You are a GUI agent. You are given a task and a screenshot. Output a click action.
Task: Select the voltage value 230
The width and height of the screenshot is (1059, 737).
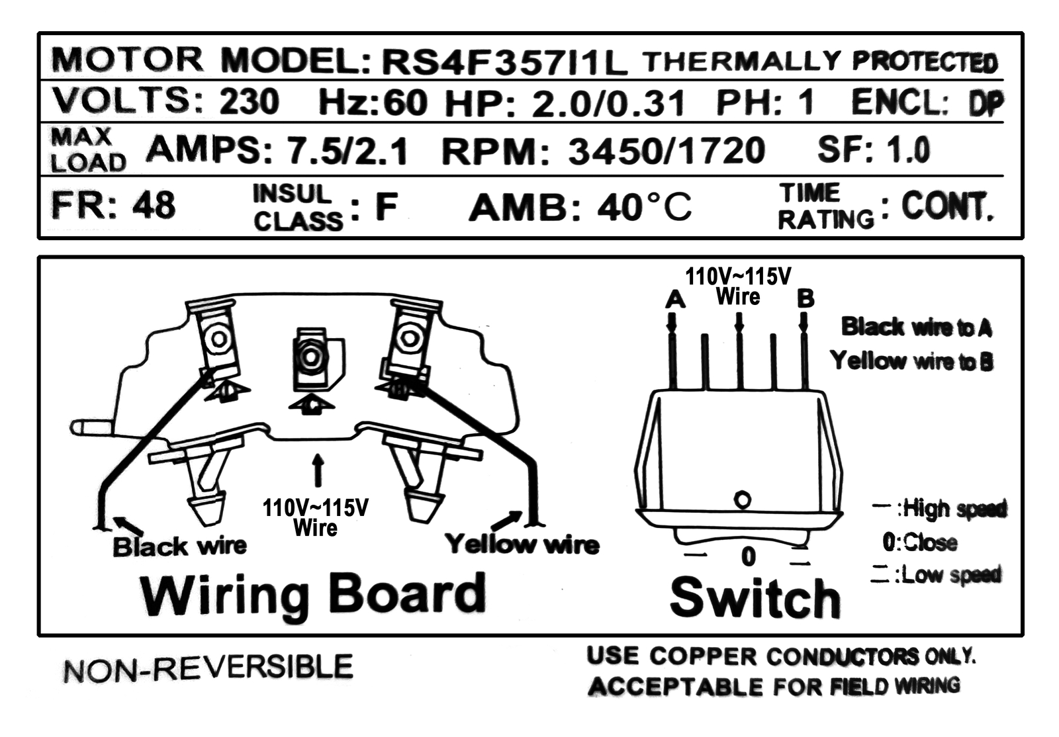249,102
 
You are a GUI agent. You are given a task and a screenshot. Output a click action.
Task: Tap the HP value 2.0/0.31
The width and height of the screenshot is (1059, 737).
608,104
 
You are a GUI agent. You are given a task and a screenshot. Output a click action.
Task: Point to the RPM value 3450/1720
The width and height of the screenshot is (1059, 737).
666,151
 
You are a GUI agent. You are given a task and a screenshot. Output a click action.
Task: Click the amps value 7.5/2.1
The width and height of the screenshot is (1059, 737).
347,151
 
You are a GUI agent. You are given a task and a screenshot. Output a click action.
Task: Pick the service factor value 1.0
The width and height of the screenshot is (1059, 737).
908,150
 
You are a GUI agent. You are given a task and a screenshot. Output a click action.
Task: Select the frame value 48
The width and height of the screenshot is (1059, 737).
154,205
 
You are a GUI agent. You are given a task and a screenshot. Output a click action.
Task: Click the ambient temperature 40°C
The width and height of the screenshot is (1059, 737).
643,207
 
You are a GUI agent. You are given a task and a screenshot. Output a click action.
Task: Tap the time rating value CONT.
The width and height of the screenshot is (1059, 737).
946,206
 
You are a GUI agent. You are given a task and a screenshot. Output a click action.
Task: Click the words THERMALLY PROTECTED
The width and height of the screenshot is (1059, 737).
819,62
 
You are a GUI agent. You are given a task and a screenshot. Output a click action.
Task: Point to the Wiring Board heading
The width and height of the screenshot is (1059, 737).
313,595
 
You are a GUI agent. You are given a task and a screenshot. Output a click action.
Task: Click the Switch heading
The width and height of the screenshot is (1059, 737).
755,598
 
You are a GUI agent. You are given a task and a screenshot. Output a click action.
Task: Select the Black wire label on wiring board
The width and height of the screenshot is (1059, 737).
179,546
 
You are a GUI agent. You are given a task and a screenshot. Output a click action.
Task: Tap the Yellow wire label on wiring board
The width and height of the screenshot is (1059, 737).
522,544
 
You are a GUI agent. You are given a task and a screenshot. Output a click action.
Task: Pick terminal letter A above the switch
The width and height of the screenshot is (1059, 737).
674,300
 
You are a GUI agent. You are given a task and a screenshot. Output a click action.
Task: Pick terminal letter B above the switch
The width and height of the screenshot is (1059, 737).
806,298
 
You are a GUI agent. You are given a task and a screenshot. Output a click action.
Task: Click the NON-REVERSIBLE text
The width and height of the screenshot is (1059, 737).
208,668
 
